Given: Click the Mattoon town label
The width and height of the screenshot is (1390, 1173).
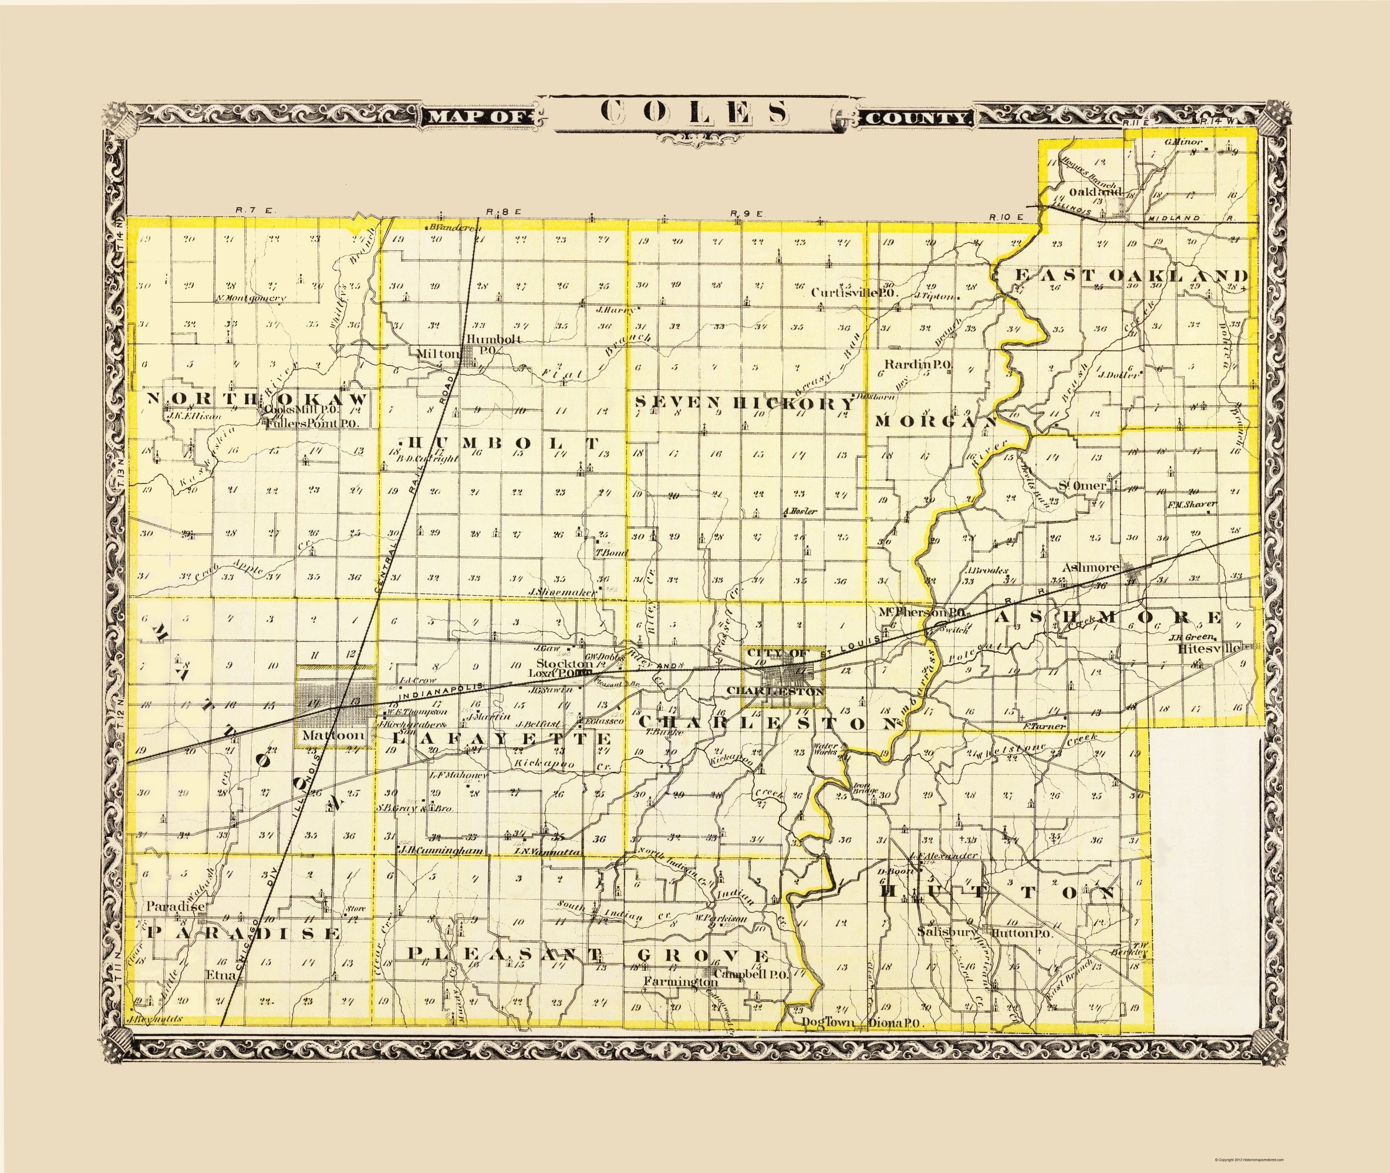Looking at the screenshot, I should [333, 735].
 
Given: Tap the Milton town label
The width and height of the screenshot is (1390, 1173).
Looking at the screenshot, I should [438, 354].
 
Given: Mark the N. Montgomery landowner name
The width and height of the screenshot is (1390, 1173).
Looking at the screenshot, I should [250, 299].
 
